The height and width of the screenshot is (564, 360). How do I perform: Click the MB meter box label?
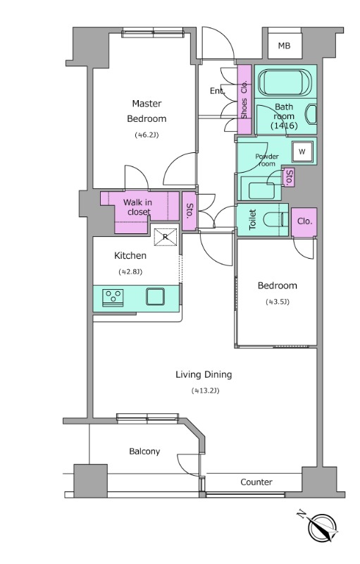(284, 46)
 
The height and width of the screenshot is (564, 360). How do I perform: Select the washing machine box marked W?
(302, 152)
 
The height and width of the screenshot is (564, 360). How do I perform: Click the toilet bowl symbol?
(275, 219)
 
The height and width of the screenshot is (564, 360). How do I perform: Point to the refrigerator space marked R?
(166, 237)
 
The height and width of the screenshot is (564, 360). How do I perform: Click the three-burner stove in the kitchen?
(113, 298)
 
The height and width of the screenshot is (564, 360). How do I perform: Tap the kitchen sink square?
(155, 296)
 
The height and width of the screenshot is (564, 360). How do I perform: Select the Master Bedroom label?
(147, 111)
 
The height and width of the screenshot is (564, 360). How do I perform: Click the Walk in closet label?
(138, 207)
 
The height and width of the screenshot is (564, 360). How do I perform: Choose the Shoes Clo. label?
(244, 99)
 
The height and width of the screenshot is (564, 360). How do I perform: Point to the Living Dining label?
(204, 374)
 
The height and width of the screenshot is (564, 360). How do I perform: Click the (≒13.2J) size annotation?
(206, 391)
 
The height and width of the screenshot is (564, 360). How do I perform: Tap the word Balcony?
(144, 451)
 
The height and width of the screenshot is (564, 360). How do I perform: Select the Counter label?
(256, 482)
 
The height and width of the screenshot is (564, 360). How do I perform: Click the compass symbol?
(322, 527)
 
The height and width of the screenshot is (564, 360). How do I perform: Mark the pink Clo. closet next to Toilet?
(304, 222)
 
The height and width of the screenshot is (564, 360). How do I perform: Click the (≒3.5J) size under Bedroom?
(278, 302)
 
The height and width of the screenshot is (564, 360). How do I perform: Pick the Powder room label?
(266, 160)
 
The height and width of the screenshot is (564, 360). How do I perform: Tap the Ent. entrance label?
(218, 91)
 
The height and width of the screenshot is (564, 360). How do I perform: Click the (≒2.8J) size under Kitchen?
(130, 271)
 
